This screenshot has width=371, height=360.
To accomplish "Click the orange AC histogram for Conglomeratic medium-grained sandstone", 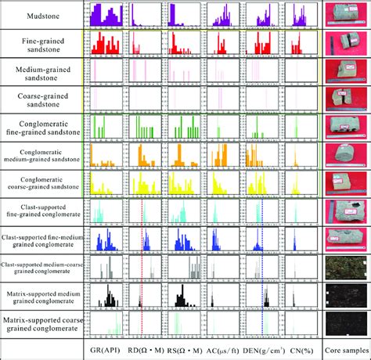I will click(x=223, y=155).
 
